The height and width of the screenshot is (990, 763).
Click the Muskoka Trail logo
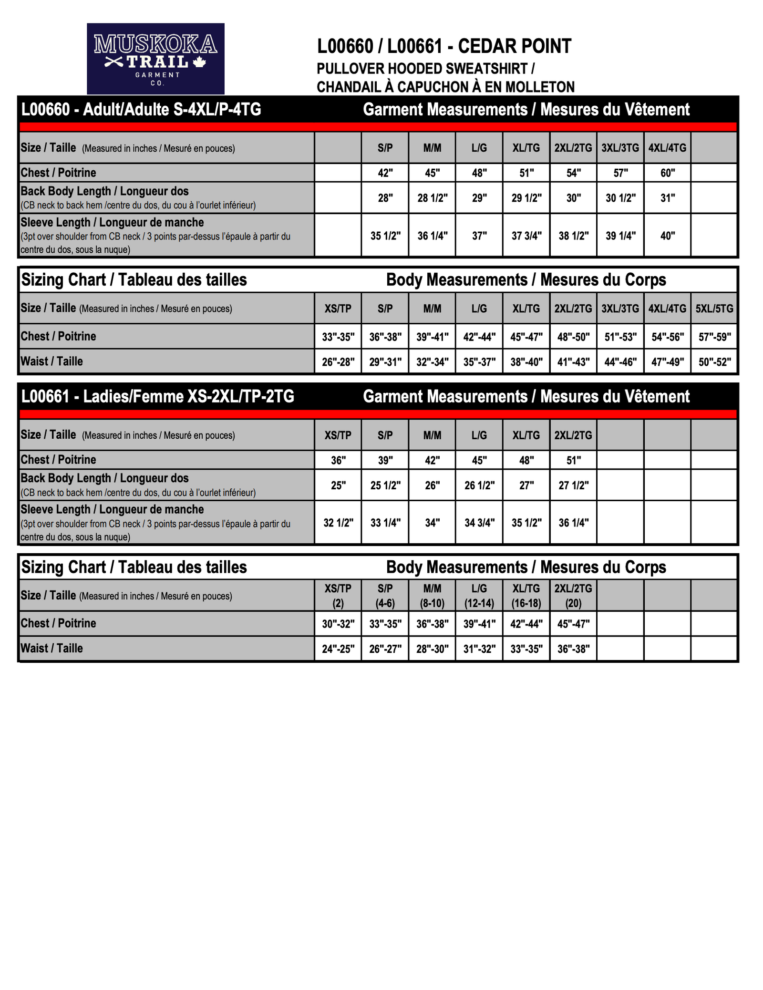[155, 59]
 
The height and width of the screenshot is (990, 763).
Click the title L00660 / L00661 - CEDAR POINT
[444, 46]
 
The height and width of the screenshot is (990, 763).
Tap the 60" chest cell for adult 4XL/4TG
[667, 173]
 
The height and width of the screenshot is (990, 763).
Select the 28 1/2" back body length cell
[432, 198]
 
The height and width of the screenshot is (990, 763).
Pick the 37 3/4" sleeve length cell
[526, 236]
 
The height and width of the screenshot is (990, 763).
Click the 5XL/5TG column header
[714, 309]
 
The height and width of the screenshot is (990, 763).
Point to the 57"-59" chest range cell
[714, 337]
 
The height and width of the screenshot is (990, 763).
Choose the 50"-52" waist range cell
[714, 362]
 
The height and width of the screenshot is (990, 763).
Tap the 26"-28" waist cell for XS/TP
[338, 362]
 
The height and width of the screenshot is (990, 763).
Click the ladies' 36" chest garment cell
[338, 460]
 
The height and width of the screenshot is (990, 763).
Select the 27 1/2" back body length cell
[573, 485]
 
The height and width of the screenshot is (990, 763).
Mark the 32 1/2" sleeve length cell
[338, 523]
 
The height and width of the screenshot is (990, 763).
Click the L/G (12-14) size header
[479, 596]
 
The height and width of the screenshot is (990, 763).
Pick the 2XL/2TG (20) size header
[573, 596]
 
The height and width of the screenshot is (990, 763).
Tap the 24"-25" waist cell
[338, 649]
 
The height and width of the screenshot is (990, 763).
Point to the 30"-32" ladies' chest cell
[338, 624]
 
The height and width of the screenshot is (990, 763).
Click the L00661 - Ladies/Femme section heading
[158, 396]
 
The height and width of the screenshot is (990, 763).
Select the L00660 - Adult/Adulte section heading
[141, 110]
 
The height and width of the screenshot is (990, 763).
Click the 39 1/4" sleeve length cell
[620, 236]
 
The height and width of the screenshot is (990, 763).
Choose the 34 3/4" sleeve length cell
[479, 523]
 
